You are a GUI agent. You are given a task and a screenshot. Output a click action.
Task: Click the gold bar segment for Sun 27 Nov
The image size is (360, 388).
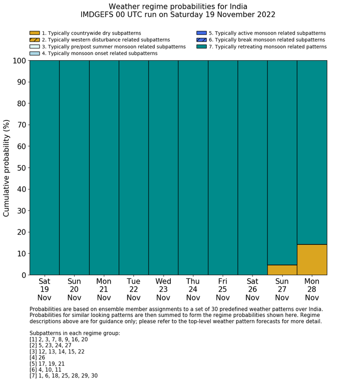tap(282, 270)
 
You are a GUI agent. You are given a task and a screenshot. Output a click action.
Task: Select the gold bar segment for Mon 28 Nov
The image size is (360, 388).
tap(312, 259)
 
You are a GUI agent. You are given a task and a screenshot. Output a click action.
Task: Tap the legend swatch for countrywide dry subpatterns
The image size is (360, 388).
tap(34, 33)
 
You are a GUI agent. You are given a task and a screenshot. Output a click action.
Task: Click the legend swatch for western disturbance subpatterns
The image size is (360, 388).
tap(34, 40)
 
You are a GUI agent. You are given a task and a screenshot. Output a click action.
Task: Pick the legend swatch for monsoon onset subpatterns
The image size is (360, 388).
tap(34, 53)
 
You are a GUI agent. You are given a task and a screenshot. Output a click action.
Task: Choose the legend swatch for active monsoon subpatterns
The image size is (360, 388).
tap(202, 33)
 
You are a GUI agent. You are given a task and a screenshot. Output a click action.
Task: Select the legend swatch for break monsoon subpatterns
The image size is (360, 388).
tap(202, 40)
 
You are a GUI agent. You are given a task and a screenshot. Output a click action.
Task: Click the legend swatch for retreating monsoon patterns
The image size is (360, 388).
tap(202, 46)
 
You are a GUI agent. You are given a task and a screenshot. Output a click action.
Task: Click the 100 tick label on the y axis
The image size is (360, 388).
tap(17, 61)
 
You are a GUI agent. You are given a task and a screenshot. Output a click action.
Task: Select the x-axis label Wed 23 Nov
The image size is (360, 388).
tap(163, 289)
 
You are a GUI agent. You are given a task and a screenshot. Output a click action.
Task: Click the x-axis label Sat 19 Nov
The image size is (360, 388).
tap(44, 289)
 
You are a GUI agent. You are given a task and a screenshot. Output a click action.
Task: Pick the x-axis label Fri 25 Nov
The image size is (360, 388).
tap(223, 289)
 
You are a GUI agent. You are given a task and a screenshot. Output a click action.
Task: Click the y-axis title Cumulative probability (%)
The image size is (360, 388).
tap(7, 168)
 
